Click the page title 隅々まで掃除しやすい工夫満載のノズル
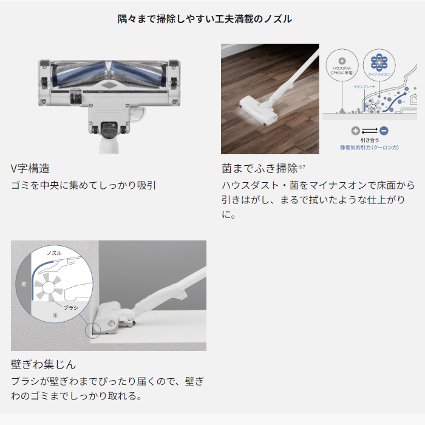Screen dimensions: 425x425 205,19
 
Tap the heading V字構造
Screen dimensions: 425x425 30,168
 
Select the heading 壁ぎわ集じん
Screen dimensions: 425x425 44,364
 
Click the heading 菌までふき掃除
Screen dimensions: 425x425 259,168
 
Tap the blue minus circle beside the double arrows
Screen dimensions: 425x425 384,131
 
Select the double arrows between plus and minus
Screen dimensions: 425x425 369,131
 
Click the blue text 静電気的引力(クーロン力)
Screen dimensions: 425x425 369,146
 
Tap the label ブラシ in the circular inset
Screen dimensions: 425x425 72,308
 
